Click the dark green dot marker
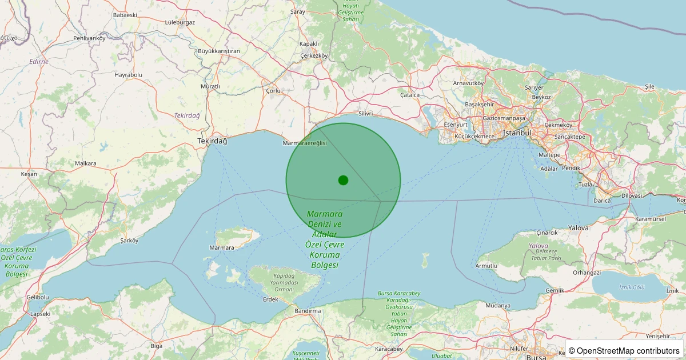point(343,180)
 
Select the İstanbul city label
point(517,133)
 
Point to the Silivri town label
point(365,113)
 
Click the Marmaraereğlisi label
point(305,143)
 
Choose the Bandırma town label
point(307,310)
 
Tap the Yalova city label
point(578,227)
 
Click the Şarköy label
point(129,241)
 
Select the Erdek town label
point(270,299)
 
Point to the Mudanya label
point(497,305)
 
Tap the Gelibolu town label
point(38,297)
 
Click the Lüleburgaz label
point(180,22)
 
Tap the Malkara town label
point(86,163)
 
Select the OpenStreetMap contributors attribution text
point(624,350)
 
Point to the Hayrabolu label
point(128,75)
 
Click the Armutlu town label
point(486,266)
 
